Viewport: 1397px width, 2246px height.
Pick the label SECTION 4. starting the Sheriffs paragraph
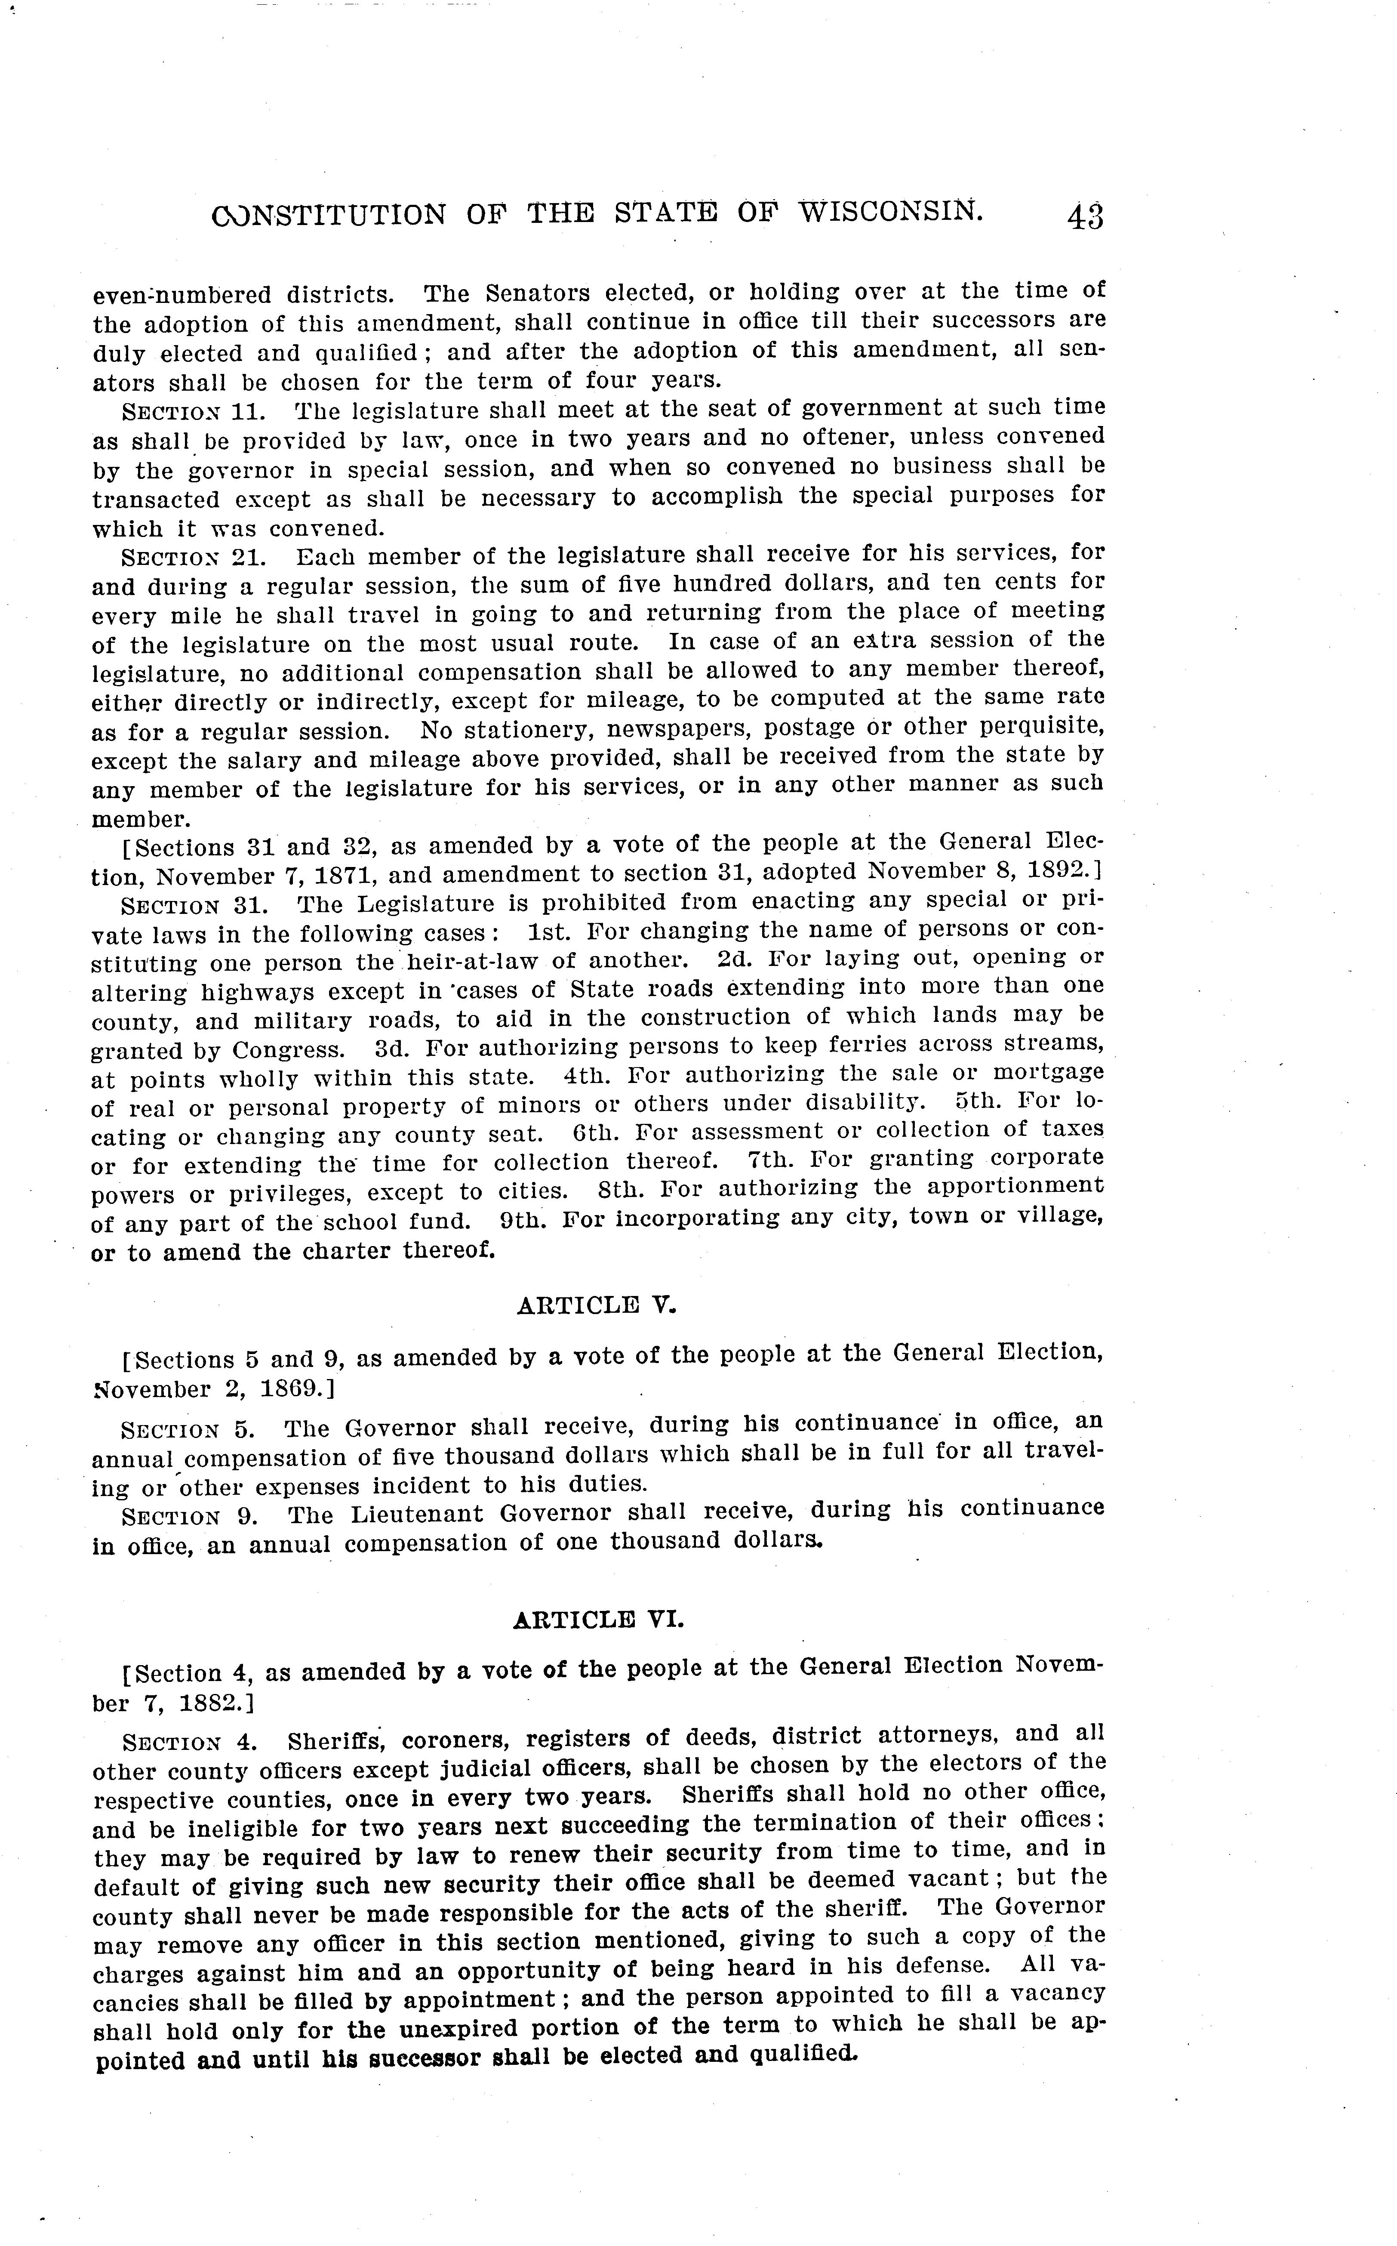click(188, 1743)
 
